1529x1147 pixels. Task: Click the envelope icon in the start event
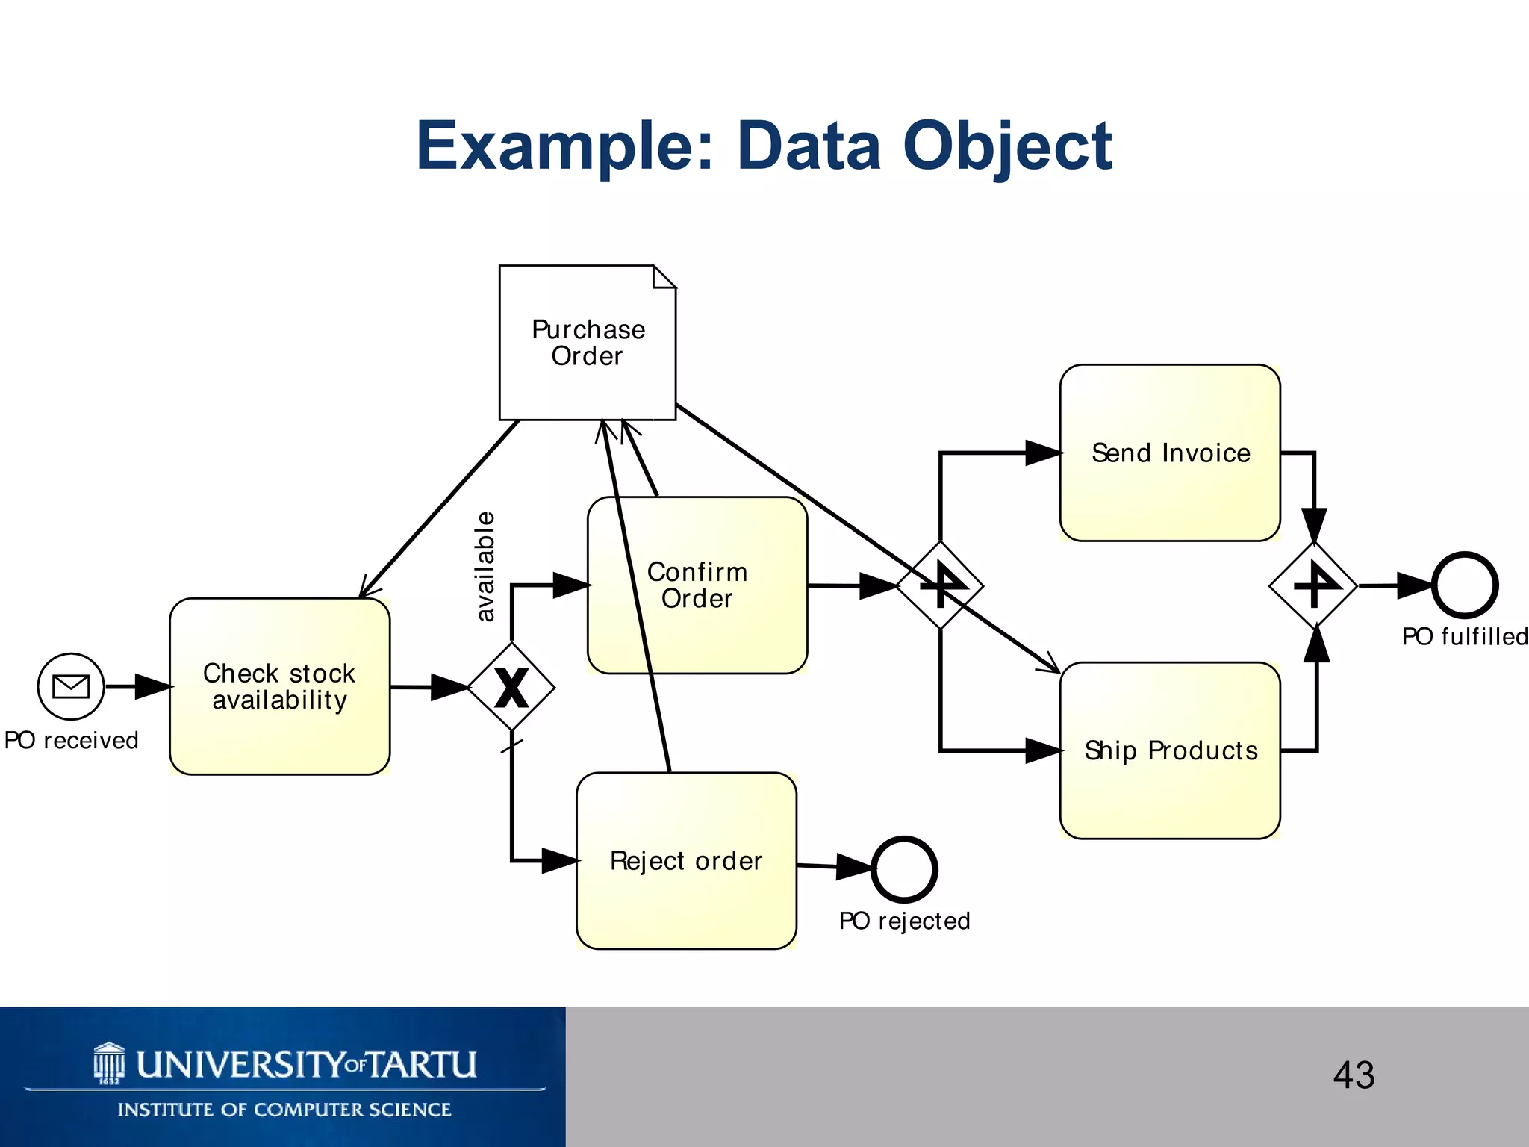coord(71,686)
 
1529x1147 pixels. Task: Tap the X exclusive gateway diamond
coord(511,687)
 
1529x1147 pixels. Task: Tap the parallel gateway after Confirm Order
coord(940,585)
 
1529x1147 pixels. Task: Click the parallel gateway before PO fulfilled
coord(1313,585)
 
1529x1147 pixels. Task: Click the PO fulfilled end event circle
coord(1465,585)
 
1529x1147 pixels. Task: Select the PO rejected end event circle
coord(904,869)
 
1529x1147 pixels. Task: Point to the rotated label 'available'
coord(485,566)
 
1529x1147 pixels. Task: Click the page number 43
coord(1354,1075)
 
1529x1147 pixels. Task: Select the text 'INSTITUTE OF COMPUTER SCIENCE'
coord(284,1110)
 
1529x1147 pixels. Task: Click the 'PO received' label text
coord(72,740)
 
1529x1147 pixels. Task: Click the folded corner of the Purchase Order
coord(664,276)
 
